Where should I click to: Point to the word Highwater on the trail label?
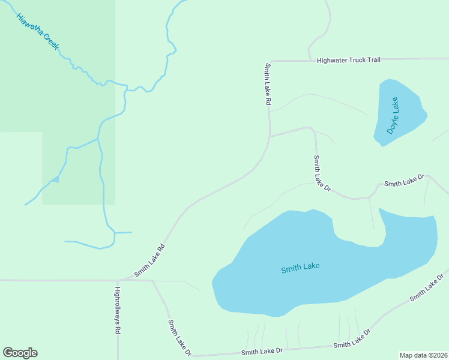(x=333, y=60)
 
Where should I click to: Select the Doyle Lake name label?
(x=393, y=115)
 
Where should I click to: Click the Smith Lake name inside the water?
(x=300, y=268)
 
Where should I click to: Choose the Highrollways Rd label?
(x=118, y=310)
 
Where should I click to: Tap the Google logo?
(x=20, y=353)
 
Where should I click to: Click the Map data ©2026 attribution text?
(x=423, y=355)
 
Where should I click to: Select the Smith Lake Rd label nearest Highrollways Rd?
(x=149, y=259)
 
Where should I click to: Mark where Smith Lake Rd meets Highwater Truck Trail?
(x=270, y=61)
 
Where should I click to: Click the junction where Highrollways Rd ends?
(x=118, y=280)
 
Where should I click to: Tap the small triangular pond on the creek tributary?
(x=55, y=179)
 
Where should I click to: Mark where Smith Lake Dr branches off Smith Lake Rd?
(x=270, y=136)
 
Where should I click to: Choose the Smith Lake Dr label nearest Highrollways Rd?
(x=179, y=337)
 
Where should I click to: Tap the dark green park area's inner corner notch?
(x=42, y=132)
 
